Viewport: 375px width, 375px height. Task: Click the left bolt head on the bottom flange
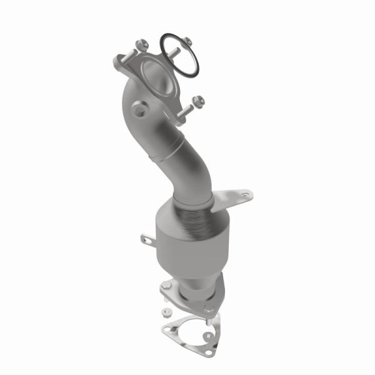pos(166,286)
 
